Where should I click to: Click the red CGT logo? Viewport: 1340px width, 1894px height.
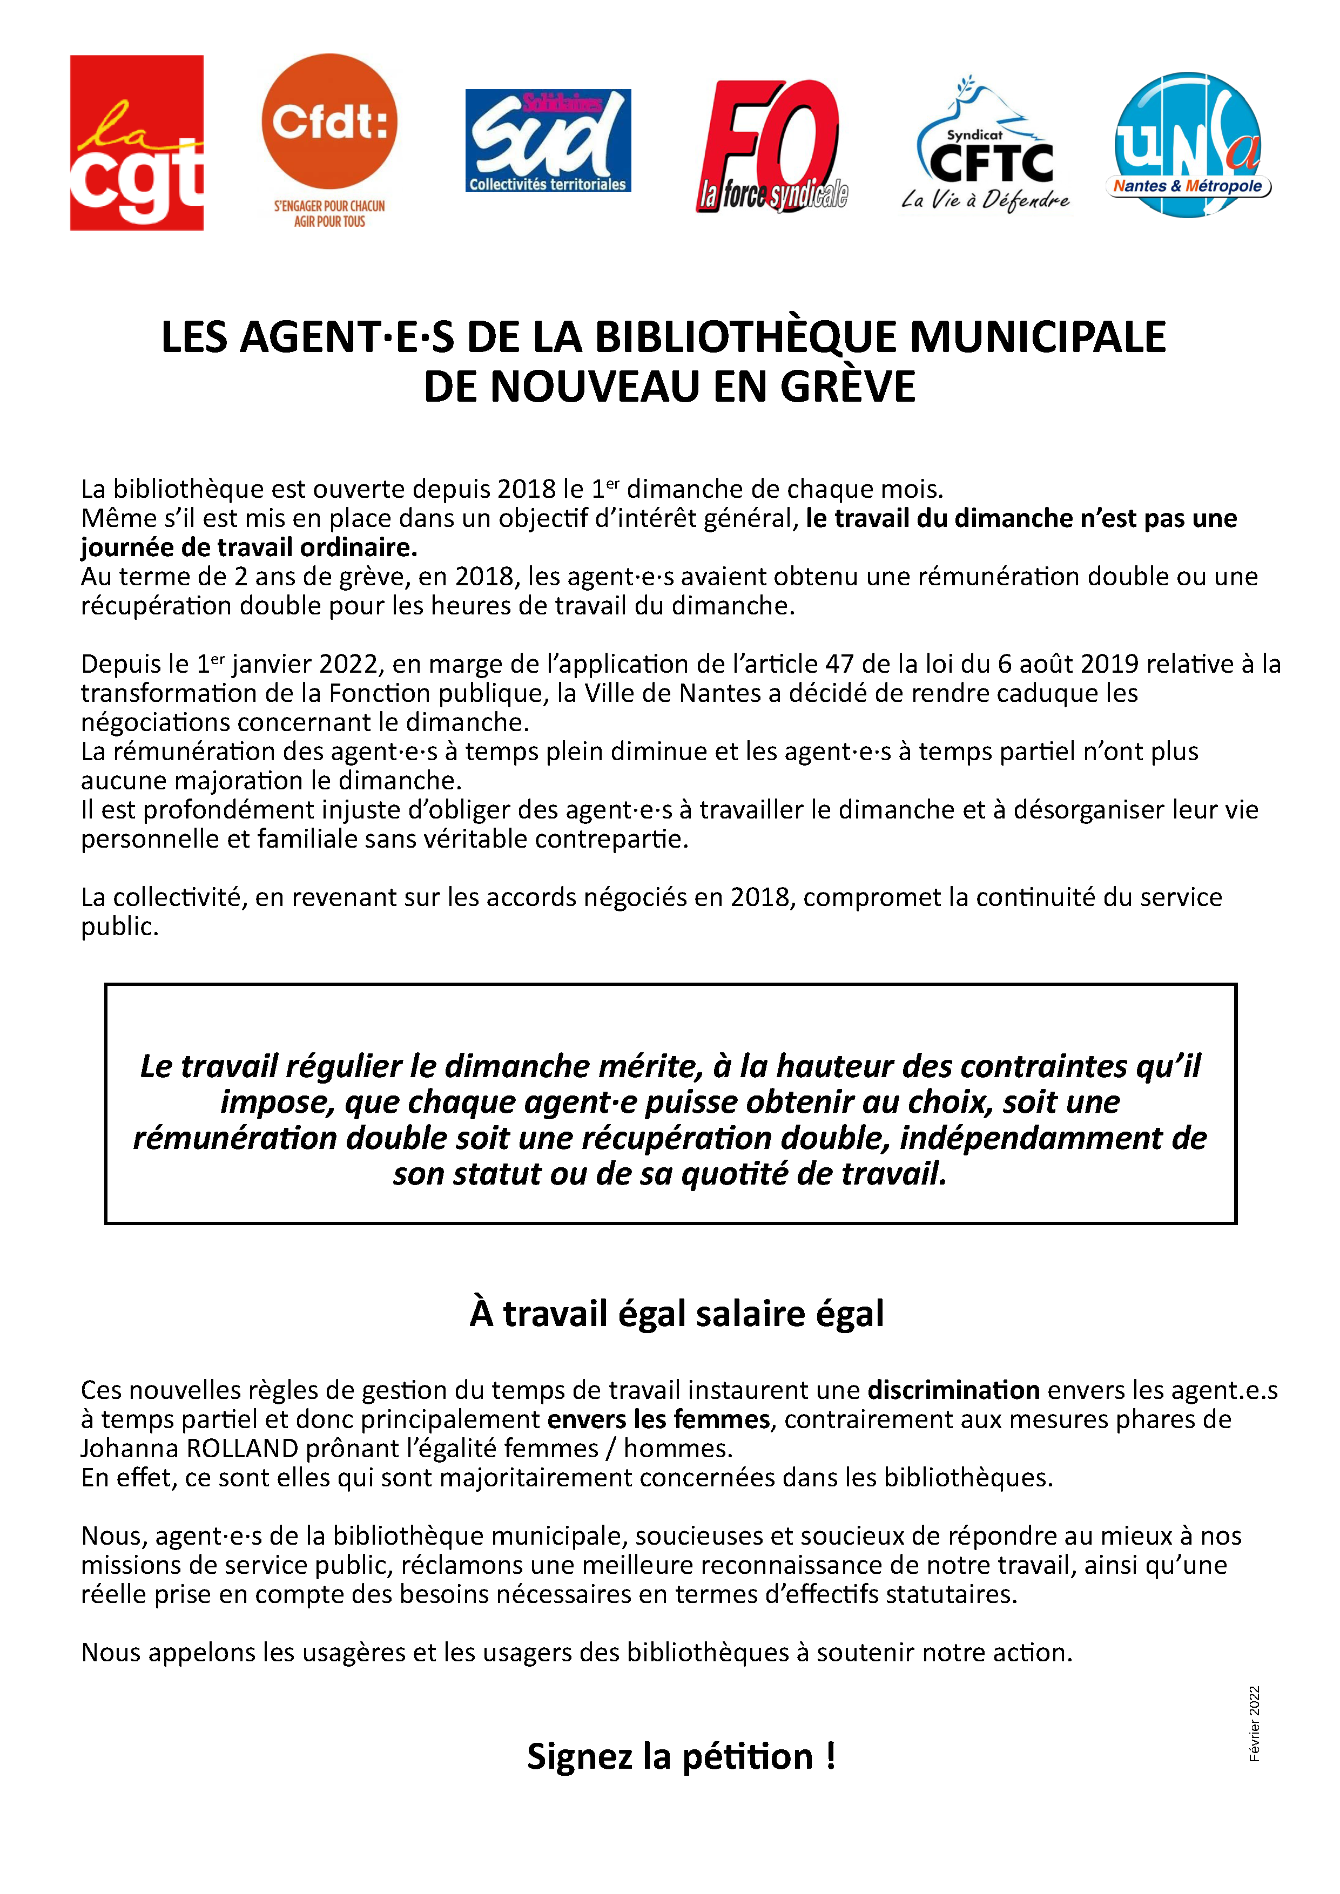[x=137, y=143]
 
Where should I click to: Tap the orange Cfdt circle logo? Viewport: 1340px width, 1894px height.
[x=329, y=122]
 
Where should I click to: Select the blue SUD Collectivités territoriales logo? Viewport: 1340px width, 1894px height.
[x=548, y=141]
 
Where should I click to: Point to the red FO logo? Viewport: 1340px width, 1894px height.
[x=771, y=146]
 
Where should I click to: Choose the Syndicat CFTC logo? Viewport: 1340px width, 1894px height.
[x=988, y=148]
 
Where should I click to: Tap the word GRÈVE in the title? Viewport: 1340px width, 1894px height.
[x=847, y=387]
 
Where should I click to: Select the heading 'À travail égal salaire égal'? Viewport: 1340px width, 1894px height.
[x=677, y=1313]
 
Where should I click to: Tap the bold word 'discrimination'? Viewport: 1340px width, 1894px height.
[x=953, y=1390]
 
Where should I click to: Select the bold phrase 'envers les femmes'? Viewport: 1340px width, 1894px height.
[x=658, y=1419]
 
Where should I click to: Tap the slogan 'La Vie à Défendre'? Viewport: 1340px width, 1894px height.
[x=985, y=200]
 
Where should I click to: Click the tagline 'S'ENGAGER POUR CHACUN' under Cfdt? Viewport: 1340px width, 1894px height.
[x=329, y=206]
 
